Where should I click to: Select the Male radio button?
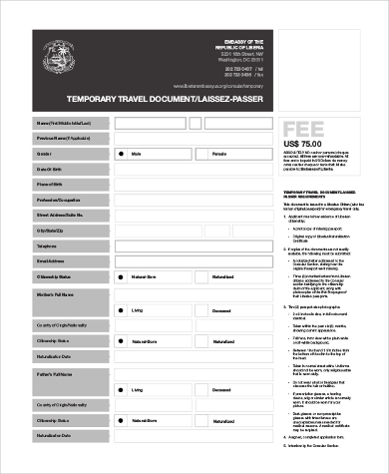122,155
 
